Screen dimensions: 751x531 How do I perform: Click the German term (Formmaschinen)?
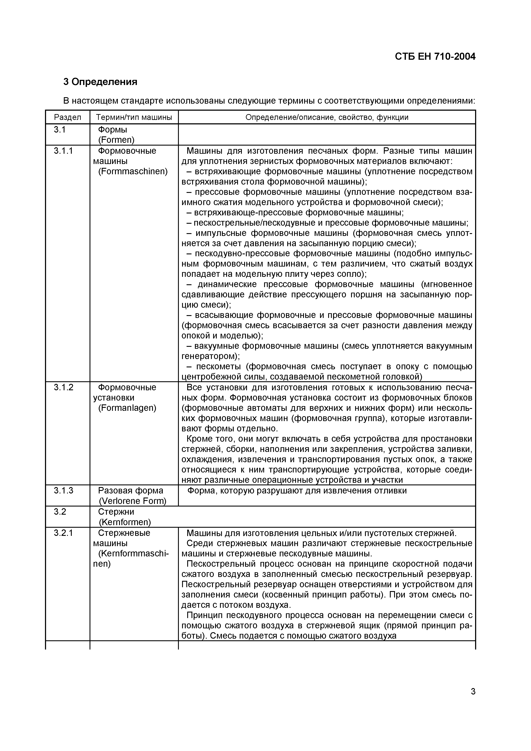(x=133, y=171)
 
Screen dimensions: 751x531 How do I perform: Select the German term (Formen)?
(x=116, y=140)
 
